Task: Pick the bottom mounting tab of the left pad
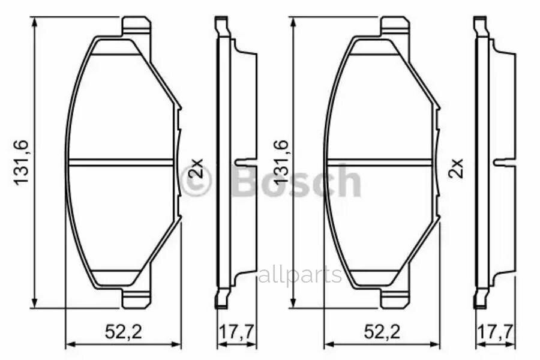click(136, 298)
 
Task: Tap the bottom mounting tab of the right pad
click(395, 298)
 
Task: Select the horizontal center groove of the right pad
click(379, 161)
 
